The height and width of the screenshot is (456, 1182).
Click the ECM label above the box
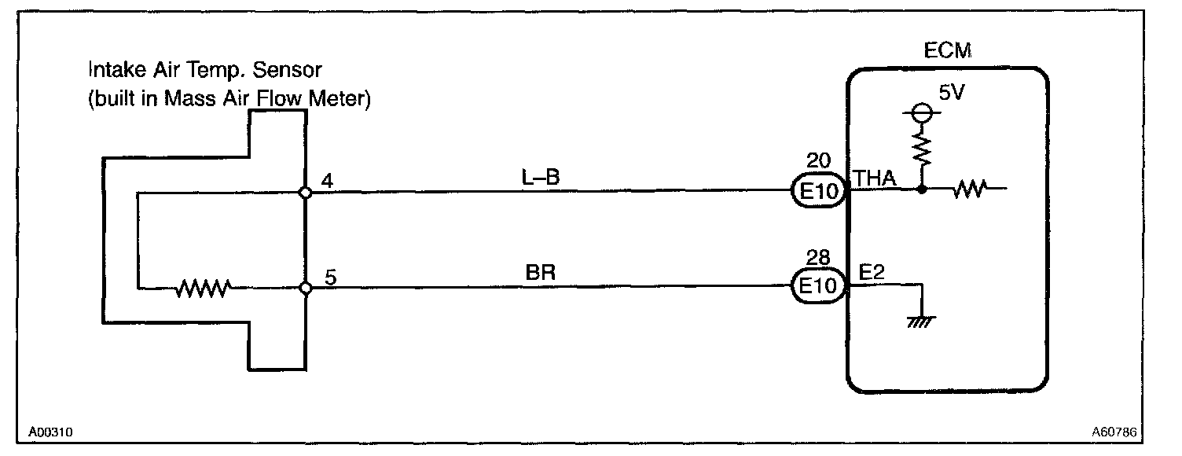click(x=948, y=52)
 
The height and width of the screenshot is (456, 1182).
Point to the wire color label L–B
click(x=541, y=178)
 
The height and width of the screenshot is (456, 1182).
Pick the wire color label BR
click(x=541, y=274)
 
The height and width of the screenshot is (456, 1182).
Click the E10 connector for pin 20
click(x=819, y=190)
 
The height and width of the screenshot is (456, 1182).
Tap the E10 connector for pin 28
click(x=819, y=288)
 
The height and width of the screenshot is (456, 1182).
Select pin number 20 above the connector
click(x=818, y=162)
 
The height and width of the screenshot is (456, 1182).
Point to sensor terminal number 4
click(x=328, y=180)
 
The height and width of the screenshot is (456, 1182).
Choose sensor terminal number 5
click(x=330, y=278)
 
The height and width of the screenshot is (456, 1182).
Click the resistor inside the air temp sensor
click(x=203, y=289)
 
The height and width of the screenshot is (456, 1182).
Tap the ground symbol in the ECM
click(x=920, y=320)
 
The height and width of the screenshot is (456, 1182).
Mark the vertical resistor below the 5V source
click(x=920, y=148)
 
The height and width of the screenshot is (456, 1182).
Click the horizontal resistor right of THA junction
click(x=968, y=189)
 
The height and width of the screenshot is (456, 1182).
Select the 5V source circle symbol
click(x=920, y=112)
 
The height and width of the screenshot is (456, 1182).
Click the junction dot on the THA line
click(x=920, y=189)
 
